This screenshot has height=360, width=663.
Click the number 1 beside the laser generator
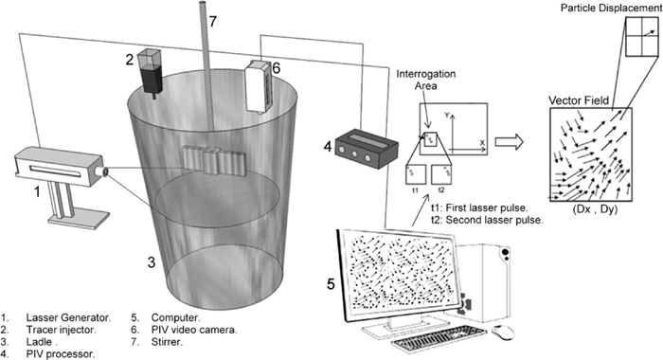coord(37,192)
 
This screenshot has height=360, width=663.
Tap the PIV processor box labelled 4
coord(367,149)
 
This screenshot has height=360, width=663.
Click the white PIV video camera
coord(259,87)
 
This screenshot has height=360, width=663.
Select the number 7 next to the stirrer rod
coord(213,21)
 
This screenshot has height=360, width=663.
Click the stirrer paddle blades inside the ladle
coord(214,160)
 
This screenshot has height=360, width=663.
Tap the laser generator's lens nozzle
coord(103,171)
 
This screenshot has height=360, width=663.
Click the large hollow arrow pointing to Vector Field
coord(510,142)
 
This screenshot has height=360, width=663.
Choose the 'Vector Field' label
coord(579,100)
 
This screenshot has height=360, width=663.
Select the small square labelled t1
coord(416,174)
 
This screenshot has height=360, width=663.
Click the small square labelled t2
coord(441,174)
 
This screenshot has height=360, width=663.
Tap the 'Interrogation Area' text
coord(426,80)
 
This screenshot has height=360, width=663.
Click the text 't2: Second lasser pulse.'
coord(487,220)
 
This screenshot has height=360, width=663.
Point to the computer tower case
coord(484,282)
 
